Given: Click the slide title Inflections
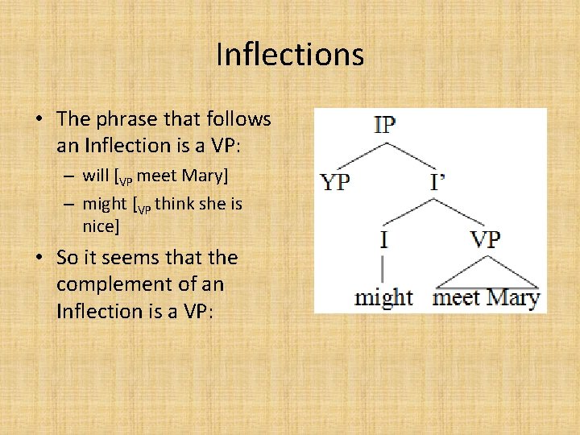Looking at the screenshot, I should [x=290, y=55].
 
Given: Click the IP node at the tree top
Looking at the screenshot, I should [x=384, y=126].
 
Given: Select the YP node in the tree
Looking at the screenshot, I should [x=335, y=182].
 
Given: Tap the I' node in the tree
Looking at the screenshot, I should [x=437, y=182].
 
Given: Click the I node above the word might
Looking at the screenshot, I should [x=384, y=239].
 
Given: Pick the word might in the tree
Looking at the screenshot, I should [x=383, y=297].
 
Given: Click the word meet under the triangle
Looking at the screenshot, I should [x=457, y=297].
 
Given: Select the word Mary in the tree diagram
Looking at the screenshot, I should [x=513, y=297].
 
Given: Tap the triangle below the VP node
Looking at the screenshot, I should [x=486, y=274].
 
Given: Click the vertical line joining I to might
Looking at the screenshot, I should [x=383, y=267].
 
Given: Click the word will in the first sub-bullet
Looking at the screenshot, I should [x=95, y=174].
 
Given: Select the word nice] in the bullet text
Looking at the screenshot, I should [x=101, y=227].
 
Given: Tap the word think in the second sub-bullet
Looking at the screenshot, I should [x=174, y=205].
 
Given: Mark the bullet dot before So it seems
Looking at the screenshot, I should [x=39, y=259].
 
